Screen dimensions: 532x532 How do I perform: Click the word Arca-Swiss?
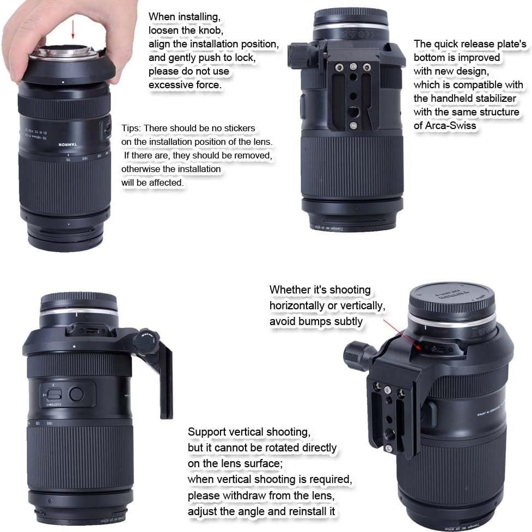pos(450,126)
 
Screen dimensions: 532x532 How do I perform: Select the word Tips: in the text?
pos(131,129)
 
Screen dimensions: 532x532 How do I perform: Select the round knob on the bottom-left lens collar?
pos(146,341)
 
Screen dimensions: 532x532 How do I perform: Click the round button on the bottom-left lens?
pos(76,394)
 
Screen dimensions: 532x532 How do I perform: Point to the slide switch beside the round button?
pos(54,394)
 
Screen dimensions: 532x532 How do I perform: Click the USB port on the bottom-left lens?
pos(92,331)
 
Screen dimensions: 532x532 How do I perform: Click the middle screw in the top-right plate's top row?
pos(353,67)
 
